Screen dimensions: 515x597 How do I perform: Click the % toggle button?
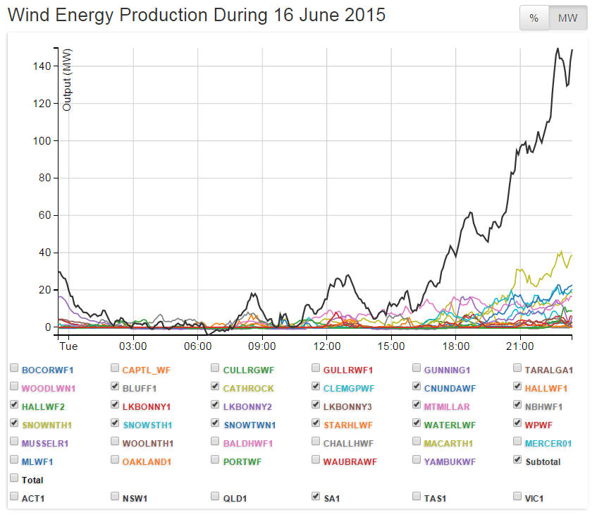(x=534, y=18)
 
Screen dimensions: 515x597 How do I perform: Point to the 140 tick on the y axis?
(x=43, y=66)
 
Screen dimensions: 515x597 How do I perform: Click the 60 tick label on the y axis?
(x=45, y=216)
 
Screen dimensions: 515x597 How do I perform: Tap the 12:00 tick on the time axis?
(x=326, y=346)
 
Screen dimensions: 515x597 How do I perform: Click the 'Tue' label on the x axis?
(x=68, y=346)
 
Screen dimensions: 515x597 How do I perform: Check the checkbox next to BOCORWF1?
(x=14, y=369)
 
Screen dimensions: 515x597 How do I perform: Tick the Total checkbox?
(x=14, y=479)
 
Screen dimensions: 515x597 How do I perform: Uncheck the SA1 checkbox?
(x=316, y=497)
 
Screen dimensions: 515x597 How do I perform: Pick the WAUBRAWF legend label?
(x=350, y=461)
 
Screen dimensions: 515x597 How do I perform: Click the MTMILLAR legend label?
(x=446, y=406)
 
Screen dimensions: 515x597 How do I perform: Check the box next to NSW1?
(x=115, y=497)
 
